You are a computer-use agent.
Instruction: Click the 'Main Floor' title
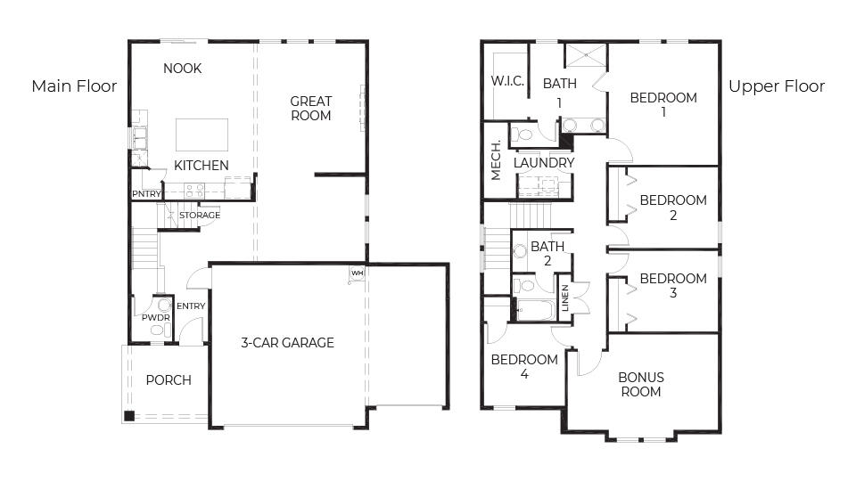pyautogui.click(x=74, y=86)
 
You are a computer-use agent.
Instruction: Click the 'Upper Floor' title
pyautogui.click(x=776, y=86)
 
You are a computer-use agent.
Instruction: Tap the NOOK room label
pyautogui.click(x=182, y=69)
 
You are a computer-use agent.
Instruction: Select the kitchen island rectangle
pyautogui.click(x=202, y=135)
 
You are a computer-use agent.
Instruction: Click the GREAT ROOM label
pyautogui.click(x=310, y=109)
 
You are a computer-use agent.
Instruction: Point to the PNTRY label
pyautogui.click(x=145, y=193)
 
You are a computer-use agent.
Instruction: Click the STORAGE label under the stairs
pyautogui.click(x=200, y=216)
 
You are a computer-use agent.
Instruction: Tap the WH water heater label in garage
pyautogui.click(x=357, y=273)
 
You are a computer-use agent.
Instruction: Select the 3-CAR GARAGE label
pyautogui.click(x=287, y=342)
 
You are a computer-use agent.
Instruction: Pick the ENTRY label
pyautogui.click(x=191, y=306)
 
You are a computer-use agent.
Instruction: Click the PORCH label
pyautogui.click(x=169, y=380)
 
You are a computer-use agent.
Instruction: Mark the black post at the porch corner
pyautogui.click(x=129, y=415)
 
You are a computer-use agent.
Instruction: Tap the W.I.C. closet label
pyautogui.click(x=506, y=81)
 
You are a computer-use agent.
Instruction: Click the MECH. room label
pyautogui.click(x=496, y=161)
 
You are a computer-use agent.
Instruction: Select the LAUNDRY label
pyautogui.click(x=544, y=163)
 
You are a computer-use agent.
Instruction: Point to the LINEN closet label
pyautogui.click(x=565, y=297)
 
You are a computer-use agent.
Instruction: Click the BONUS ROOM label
pyautogui.click(x=641, y=384)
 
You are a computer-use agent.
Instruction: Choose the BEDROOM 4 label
pyautogui.click(x=524, y=367)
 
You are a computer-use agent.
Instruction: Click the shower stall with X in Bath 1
pyautogui.click(x=585, y=54)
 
